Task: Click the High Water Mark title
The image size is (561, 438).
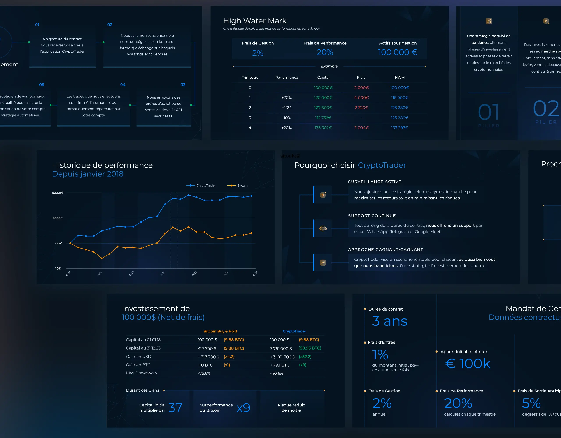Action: click(255, 21)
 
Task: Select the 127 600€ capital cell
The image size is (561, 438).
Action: click(323, 108)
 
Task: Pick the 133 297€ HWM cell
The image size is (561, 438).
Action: click(399, 128)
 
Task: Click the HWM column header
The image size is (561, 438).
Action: click(399, 78)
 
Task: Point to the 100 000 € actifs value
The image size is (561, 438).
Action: click(397, 52)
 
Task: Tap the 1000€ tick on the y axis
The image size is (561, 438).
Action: click(58, 218)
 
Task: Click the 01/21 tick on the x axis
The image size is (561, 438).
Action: click(163, 274)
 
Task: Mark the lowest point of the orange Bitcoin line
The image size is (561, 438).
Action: click(102, 258)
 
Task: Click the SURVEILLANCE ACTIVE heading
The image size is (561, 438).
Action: click(374, 182)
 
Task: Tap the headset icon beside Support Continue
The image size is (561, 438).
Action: click(323, 228)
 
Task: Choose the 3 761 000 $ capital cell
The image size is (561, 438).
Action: click(281, 348)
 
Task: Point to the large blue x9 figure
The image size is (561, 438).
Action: click(243, 408)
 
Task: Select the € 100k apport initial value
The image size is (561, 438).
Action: click(467, 364)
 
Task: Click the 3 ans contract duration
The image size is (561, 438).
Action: click(389, 321)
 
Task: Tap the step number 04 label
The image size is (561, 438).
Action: click(123, 85)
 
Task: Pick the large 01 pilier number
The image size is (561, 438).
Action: click(488, 112)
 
